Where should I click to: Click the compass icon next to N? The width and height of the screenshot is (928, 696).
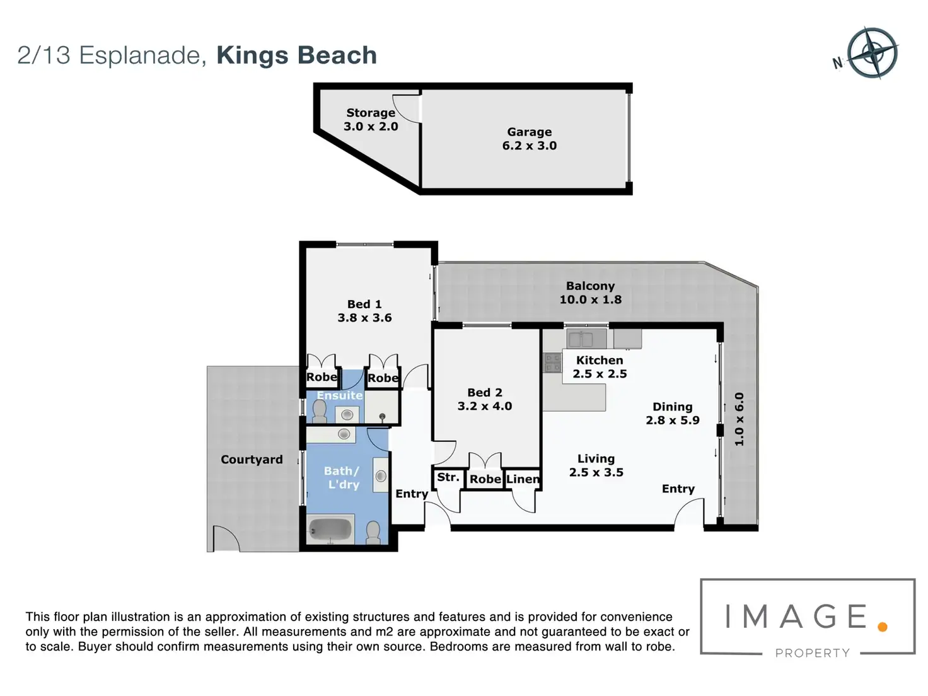point(872,53)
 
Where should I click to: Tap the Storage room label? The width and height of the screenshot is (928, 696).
point(371,113)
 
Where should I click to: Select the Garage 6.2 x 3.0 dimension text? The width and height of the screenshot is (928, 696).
point(530,146)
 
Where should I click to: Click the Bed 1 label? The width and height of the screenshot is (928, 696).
point(364,304)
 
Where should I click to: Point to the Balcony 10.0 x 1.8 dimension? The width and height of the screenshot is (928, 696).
point(590,299)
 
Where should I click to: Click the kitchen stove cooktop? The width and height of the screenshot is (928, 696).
point(552,362)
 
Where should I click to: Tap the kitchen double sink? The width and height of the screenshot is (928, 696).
point(580,339)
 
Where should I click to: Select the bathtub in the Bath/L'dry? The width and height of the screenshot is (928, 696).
point(330,530)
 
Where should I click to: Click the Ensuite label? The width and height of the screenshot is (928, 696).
point(339,395)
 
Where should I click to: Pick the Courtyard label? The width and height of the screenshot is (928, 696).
point(252,460)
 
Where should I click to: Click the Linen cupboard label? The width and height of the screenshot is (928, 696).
point(523,479)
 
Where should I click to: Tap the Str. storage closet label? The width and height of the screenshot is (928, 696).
point(448,477)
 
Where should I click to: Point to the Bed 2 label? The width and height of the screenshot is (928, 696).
point(485,392)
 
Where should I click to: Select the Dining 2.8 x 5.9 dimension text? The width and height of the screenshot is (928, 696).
point(673,420)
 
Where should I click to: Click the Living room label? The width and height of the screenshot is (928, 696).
point(596,459)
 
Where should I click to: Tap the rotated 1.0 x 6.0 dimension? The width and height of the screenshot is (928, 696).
point(739,419)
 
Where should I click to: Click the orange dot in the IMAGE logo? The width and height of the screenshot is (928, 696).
point(883,627)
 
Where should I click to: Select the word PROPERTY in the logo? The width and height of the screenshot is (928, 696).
point(813,653)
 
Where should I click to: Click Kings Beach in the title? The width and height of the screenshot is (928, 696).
point(296,55)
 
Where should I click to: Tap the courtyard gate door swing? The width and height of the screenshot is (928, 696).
point(226,539)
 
